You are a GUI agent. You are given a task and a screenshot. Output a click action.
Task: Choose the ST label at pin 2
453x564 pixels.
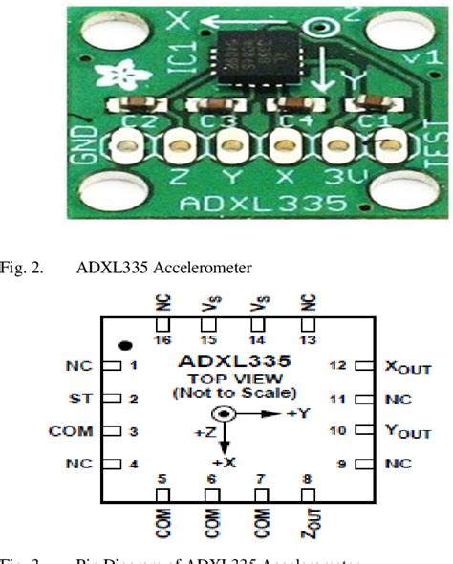81,398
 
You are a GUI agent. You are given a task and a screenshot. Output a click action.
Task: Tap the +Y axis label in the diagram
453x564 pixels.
298,414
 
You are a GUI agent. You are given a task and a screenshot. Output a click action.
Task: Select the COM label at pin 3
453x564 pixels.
71,431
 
